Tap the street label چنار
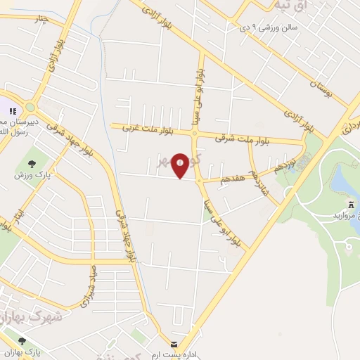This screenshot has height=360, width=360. pos(40,19)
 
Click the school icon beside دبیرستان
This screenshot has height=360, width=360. pos(12,111)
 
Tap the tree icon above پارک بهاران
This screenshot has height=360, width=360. pos(22,340)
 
